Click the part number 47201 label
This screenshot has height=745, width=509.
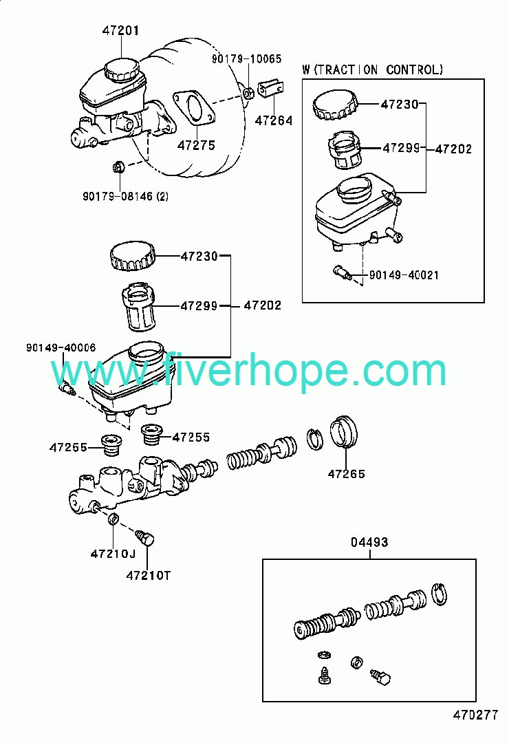pyautogui.click(x=120, y=30)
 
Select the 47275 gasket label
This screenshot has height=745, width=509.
pyautogui.click(x=196, y=145)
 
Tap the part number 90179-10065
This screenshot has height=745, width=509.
pyautogui.click(x=247, y=58)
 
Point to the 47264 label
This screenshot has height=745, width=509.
pyautogui.click(x=274, y=120)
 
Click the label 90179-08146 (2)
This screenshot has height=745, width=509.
pyautogui.click(x=125, y=196)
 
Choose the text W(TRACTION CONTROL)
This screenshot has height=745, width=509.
pyautogui.click(x=373, y=70)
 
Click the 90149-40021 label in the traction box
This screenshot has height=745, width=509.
pyautogui.click(x=404, y=274)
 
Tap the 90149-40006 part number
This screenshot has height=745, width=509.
pyautogui.click(x=61, y=347)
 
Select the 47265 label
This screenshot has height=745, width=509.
pyautogui.click(x=347, y=474)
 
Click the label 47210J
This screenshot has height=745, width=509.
pyautogui.click(x=113, y=554)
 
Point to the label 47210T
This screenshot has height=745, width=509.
pyautogui.click(x=149, y=575)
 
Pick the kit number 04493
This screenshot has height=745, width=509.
pyautogui.click(x=369, y=541)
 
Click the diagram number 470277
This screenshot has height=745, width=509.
pyautogui.click(x=475, y=715)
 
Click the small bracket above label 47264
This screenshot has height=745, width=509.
pyautogui.click(x=271, y=88)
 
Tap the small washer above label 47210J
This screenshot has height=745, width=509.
pyautogui.click(x=113, y=519)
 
